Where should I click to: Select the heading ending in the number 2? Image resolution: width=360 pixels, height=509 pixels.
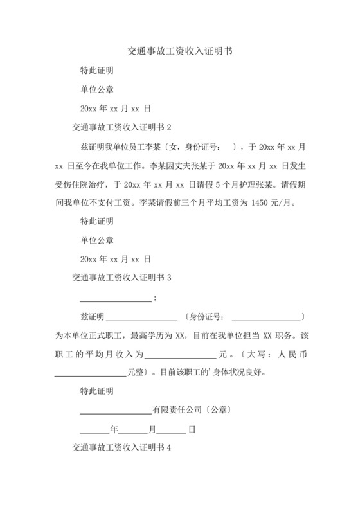(x=122, y=127)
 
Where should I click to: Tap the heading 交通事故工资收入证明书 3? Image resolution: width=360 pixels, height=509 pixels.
(x=122, y=278)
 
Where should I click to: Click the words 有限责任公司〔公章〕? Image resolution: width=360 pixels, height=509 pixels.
(x=191, y=409)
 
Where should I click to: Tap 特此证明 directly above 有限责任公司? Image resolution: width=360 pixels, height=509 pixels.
(x=96, y=390)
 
